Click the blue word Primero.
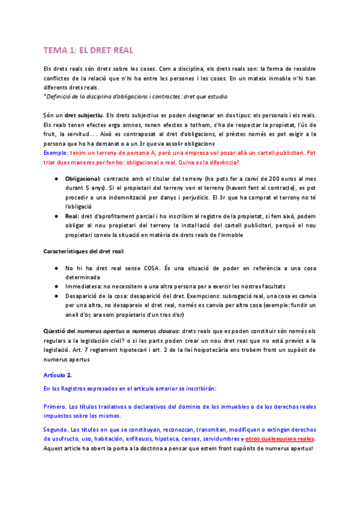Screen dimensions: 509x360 56,406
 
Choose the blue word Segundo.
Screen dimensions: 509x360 56,430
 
